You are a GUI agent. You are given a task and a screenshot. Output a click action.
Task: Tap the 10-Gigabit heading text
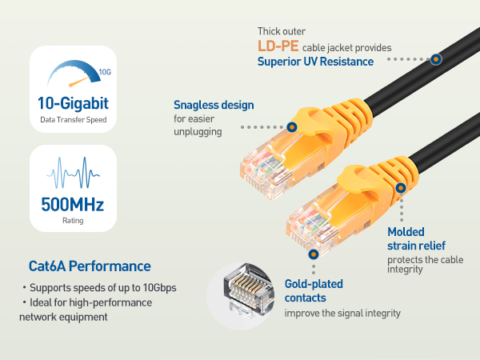73,103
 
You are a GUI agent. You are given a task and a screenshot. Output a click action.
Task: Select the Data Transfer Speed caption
73,120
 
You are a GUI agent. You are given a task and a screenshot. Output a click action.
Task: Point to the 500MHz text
73,203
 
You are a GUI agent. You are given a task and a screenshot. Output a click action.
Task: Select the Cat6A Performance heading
90,266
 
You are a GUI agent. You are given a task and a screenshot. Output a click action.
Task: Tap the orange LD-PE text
278,46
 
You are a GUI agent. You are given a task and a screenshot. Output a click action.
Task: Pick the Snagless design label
214,105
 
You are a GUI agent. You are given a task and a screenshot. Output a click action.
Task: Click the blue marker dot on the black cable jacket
435,58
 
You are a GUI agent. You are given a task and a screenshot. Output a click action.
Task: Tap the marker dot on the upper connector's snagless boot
292,126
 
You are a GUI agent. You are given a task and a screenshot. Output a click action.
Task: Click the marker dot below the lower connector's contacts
313,252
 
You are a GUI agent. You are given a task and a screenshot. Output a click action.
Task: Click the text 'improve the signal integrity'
342,313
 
